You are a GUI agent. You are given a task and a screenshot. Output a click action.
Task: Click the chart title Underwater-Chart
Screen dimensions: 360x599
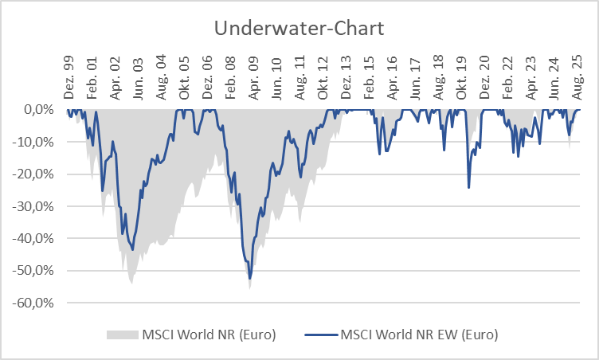pos(299,29)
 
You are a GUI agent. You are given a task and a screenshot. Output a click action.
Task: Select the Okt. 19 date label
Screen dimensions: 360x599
pos(461,78)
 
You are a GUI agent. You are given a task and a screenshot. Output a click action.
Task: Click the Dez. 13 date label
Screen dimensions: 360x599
pos(346,78)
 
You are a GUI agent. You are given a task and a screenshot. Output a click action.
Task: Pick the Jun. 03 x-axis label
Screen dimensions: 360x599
pos(139,78)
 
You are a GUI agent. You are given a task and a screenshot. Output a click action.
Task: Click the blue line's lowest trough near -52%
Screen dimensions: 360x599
pos(249,279)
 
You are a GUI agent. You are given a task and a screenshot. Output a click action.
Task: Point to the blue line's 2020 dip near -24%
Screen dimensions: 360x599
pos(468,187)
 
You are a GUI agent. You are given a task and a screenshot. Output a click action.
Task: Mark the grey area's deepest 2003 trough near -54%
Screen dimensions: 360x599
pos(131,282)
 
